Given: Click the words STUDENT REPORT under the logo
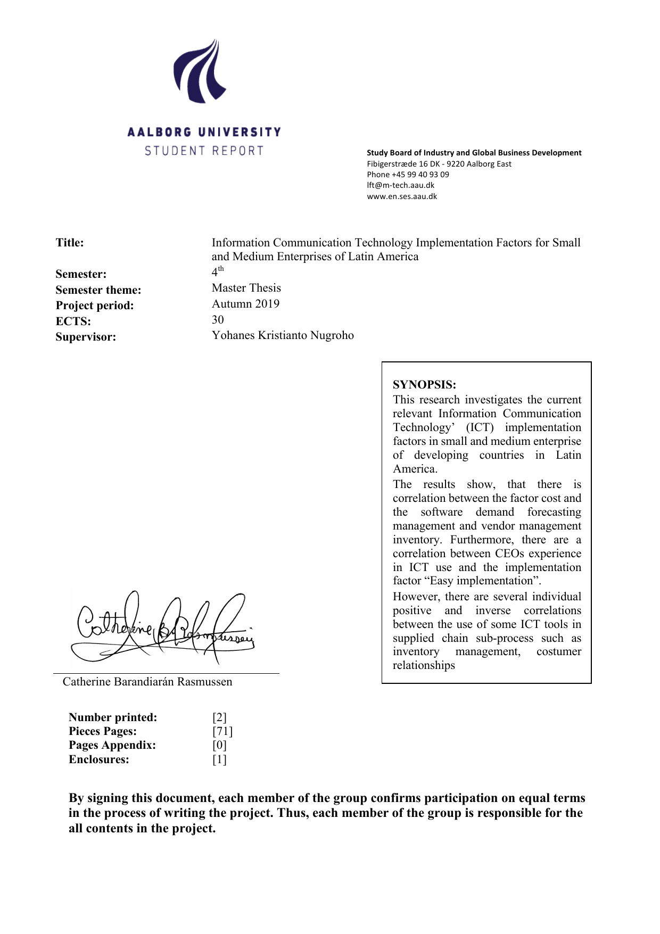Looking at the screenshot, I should click(x=204, y=151).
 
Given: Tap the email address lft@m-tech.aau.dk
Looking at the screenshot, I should click(x=400, y=185).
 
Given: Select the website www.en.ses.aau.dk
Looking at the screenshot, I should click(x=402, y=196).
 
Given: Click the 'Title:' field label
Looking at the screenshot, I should click(x=70, y=243).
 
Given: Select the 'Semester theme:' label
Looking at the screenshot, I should click(x=98, y=290).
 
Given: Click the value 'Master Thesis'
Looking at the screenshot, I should click(x=246, y=288).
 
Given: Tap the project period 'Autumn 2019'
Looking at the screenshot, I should click(x=245, y=304).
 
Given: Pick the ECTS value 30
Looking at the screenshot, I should click(x=218, y=320).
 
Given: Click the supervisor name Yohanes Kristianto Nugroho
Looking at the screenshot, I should click(x=283, y=335).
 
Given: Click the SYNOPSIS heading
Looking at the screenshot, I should click(x=424, y=385).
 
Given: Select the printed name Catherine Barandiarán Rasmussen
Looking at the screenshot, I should click(x=147, y=682).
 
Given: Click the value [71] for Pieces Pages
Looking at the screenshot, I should click(x=222, y=731).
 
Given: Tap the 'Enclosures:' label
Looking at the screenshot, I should click(x=99, y=759).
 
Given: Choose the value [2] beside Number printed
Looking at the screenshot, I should click(x=219, y=717).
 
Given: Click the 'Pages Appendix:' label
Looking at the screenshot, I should click(x=112, y=745).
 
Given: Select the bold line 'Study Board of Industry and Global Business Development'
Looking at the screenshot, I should click(x=474, y=153).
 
